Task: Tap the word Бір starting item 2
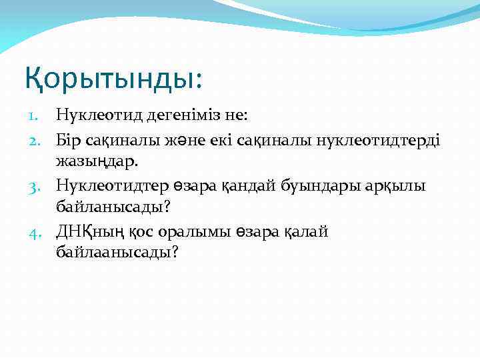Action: pyautogui.click(x=69, y=139)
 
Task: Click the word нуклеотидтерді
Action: pyautogui.click(x=375, y=139)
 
